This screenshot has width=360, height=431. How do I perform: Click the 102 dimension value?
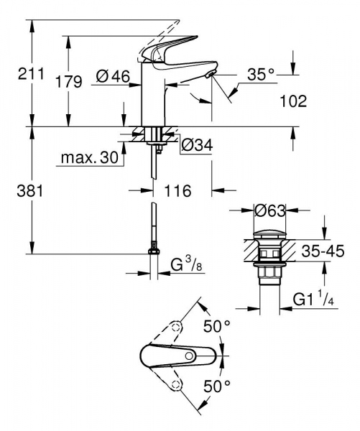293,101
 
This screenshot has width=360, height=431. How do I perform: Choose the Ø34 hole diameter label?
197,144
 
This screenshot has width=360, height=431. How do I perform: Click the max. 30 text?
89,157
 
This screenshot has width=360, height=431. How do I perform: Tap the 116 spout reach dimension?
176,191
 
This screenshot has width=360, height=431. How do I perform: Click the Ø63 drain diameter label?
271,210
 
